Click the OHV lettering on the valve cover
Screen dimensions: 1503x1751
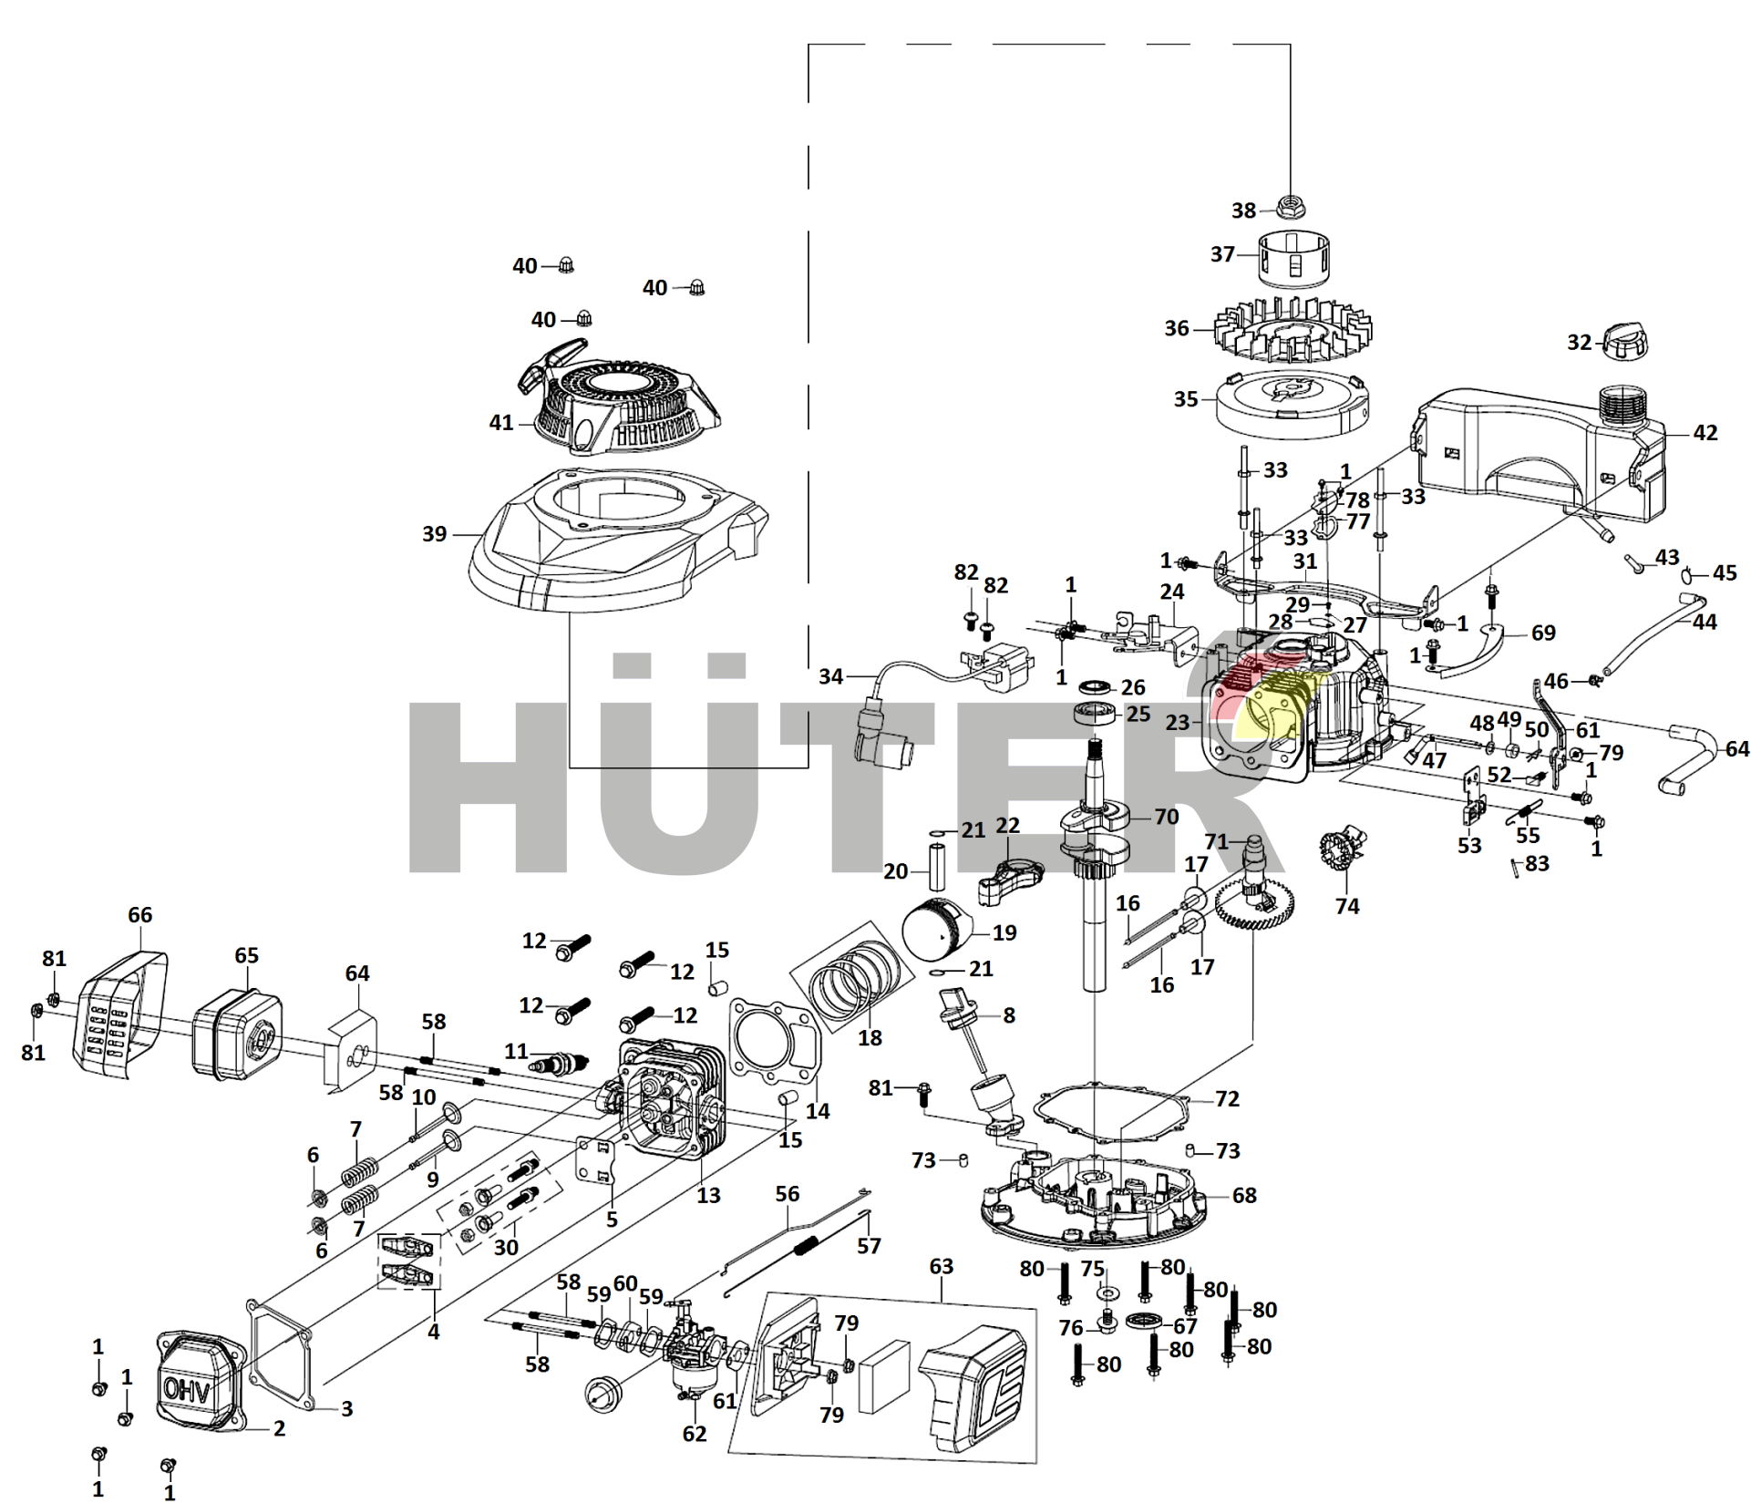pyautogui.click(x=187, y=1391)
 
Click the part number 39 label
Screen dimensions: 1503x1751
pyautogui.click(x=435, y=534)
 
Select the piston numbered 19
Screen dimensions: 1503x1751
pyautogui.click(x=935, y=929)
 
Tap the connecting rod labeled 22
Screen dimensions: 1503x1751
pyautogui.click(x=1007, y=878)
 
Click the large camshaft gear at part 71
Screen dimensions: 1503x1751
pyautogui.click(x=1254, y=903)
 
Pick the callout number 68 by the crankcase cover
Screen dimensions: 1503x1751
pyautogui.click(x=1244, y=1195)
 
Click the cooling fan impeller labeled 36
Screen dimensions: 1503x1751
pyautogui.click(x=1293, y=332)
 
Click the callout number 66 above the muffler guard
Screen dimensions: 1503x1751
pyautogui.click(x=139, y=915)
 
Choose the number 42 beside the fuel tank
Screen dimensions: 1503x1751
pyautogui.click(x=1705, y=433)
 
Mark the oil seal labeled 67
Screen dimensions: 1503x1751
pyautogui.click(x=1144, y=1321)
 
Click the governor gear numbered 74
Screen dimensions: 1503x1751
pyautogui.click(x=1340, y=851)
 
